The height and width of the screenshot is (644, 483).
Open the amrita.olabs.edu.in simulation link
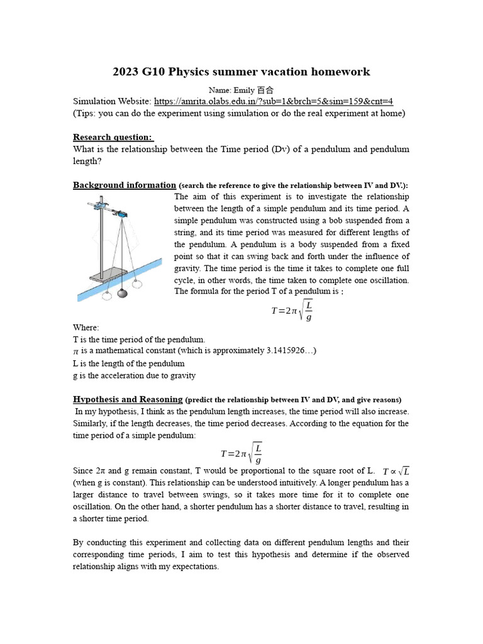(274, 101)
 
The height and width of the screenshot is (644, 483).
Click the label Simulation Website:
(112, 101)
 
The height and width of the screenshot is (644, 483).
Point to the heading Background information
(125, 185)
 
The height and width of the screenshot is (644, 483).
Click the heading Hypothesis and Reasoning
(128, 399)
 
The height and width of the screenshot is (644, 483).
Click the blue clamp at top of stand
(119, 213)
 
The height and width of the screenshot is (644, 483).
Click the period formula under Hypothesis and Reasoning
(241, 453)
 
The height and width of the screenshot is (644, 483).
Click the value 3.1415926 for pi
(280, 350)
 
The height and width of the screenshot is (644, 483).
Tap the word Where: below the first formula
(86, 328)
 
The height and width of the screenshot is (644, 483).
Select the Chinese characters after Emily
(266, 90)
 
